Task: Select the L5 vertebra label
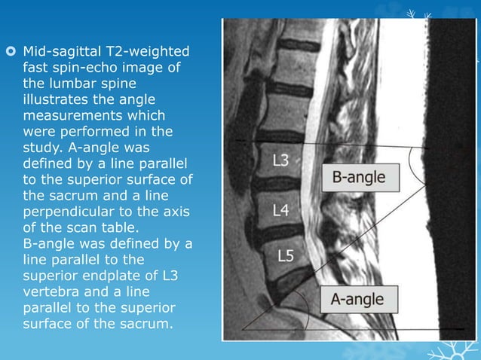[286, 256]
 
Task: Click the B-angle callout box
[359, 178]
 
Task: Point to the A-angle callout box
[357, 299]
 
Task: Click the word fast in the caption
[35, 69]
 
